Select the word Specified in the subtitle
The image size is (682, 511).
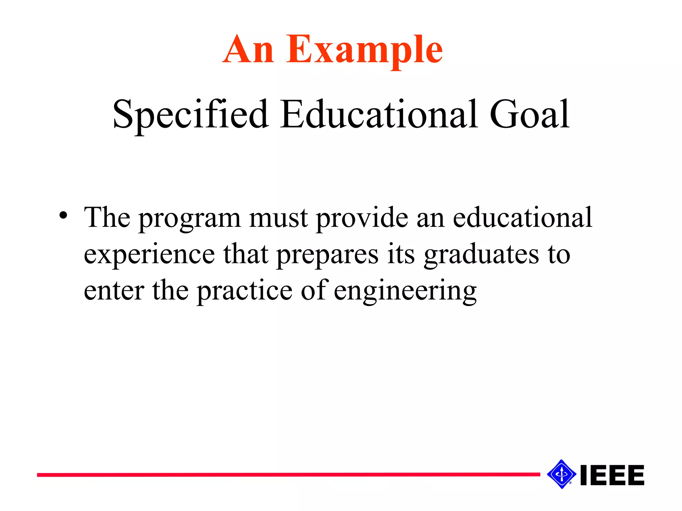click(190, 115)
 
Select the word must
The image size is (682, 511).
click(278, 218)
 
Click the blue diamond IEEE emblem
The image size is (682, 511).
click(561, 474)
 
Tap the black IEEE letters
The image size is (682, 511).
click(612, 475)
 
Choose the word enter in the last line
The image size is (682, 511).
click(114, 291)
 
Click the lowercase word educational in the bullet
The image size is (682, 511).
click(522, 218)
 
